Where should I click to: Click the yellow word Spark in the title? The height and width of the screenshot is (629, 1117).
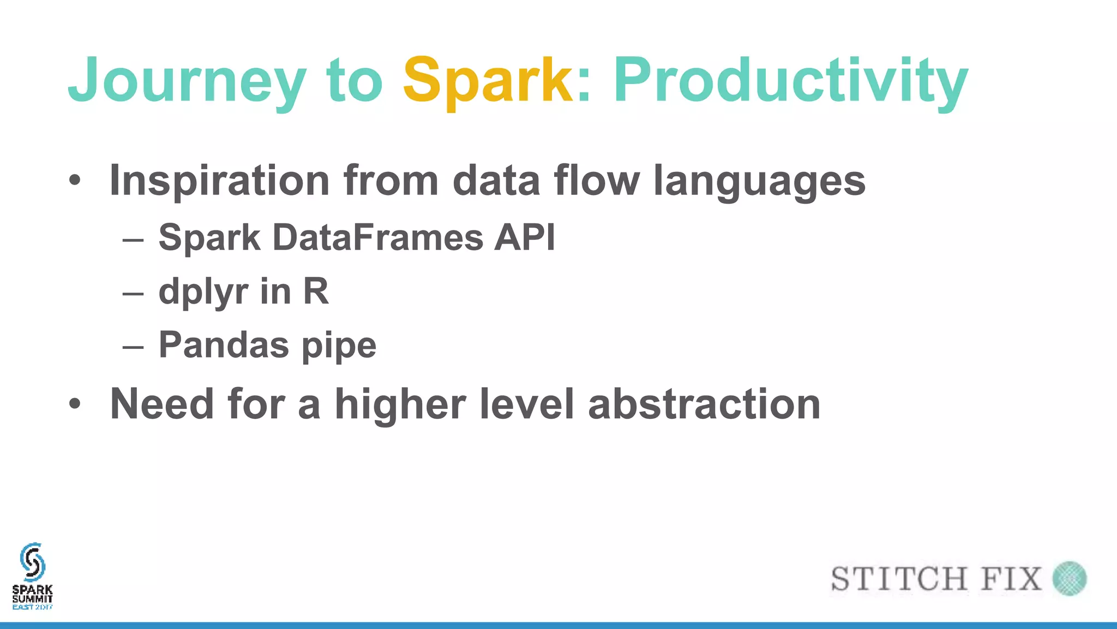tap(488, 81)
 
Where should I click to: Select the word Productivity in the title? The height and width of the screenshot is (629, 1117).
tap(790, 81)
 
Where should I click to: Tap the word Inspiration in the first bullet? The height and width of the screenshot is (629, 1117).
tap(219, 181)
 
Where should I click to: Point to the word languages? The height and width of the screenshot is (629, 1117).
tap(759, 181)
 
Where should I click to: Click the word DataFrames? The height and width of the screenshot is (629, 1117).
tap(377, 238)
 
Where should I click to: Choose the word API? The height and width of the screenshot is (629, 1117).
tap(525, 238)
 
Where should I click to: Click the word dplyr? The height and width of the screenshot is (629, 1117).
tap(203, 292)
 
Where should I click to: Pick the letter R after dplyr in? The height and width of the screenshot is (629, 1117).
tap(316, 291)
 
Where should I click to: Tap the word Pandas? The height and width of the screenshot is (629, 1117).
tap(224, 345)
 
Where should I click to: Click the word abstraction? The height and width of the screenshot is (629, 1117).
tap(704, 404)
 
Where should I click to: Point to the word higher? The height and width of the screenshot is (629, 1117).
tap(400, 404)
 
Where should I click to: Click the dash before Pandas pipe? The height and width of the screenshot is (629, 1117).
tap(133, 347)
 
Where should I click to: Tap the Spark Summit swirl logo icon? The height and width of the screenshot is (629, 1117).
tap(32, 562)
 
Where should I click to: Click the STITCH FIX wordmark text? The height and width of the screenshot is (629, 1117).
tap(936, 579)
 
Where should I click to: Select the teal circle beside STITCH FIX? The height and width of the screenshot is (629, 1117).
tap(1070, 578)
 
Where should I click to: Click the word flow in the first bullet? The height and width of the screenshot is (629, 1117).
tap(597, 181)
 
